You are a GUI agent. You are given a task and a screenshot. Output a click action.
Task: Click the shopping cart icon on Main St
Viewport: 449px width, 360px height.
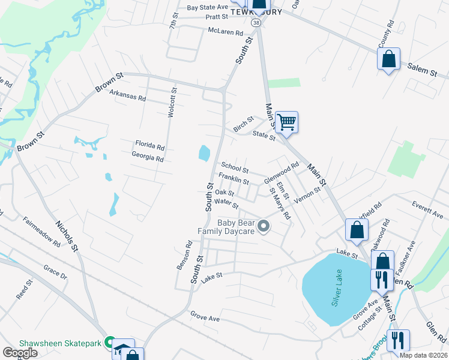point(286,122)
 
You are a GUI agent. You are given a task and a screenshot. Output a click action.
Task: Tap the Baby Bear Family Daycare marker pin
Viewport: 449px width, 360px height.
point(264,226)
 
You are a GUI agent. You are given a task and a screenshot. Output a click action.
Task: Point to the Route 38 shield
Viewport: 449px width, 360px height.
point(256,22)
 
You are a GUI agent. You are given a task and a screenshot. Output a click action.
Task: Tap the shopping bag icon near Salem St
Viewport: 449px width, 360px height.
point(388,59)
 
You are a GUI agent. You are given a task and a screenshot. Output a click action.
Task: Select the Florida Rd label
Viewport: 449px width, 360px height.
point(149,146)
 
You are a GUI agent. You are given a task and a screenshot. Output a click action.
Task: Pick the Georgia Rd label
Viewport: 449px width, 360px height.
point(148,158)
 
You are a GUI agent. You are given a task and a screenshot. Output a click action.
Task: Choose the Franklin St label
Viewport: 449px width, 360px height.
point(234,179)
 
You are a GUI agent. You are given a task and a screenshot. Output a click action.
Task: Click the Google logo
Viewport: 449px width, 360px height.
point(20,353)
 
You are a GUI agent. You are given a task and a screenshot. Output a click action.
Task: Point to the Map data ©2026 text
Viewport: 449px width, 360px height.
point(423,355)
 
